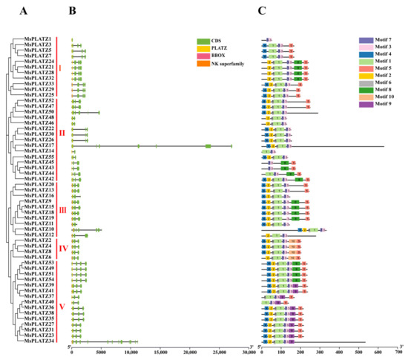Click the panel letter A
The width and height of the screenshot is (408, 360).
click(x=6, y=10)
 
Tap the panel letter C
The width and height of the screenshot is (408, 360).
click(x=263, y=10)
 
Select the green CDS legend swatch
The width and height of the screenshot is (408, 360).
click(x=201, y=40)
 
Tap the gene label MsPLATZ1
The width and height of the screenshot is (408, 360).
click(x=38, y=39)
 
